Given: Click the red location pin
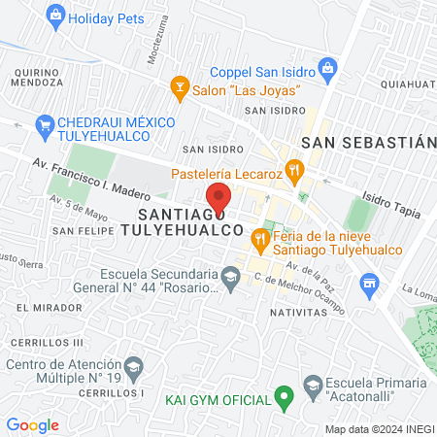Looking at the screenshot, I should pyautogui.click(x=219, y=198).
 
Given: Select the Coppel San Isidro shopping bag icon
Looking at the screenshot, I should pyautogui.click(x=327, y=69).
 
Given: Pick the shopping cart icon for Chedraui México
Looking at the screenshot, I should pyautogui.click(x=43, y=124).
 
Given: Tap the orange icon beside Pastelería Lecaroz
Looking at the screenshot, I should pyautogui.click(x=295, y=173).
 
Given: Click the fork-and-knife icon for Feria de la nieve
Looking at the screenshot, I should pyautogui.click(x=260, y=238).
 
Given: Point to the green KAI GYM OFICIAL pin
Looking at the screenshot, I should pyautogui.click(x=284, y=397).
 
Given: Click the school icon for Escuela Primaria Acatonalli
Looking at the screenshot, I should pyautogui.click(x=314, y=387).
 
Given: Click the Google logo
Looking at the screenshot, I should pyautogui.click(x=32, y=425).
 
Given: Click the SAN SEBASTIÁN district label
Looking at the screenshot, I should pyautogui.click(x=366, y=142).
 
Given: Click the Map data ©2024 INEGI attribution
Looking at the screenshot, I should pyautogui.click(x=379, y=428).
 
